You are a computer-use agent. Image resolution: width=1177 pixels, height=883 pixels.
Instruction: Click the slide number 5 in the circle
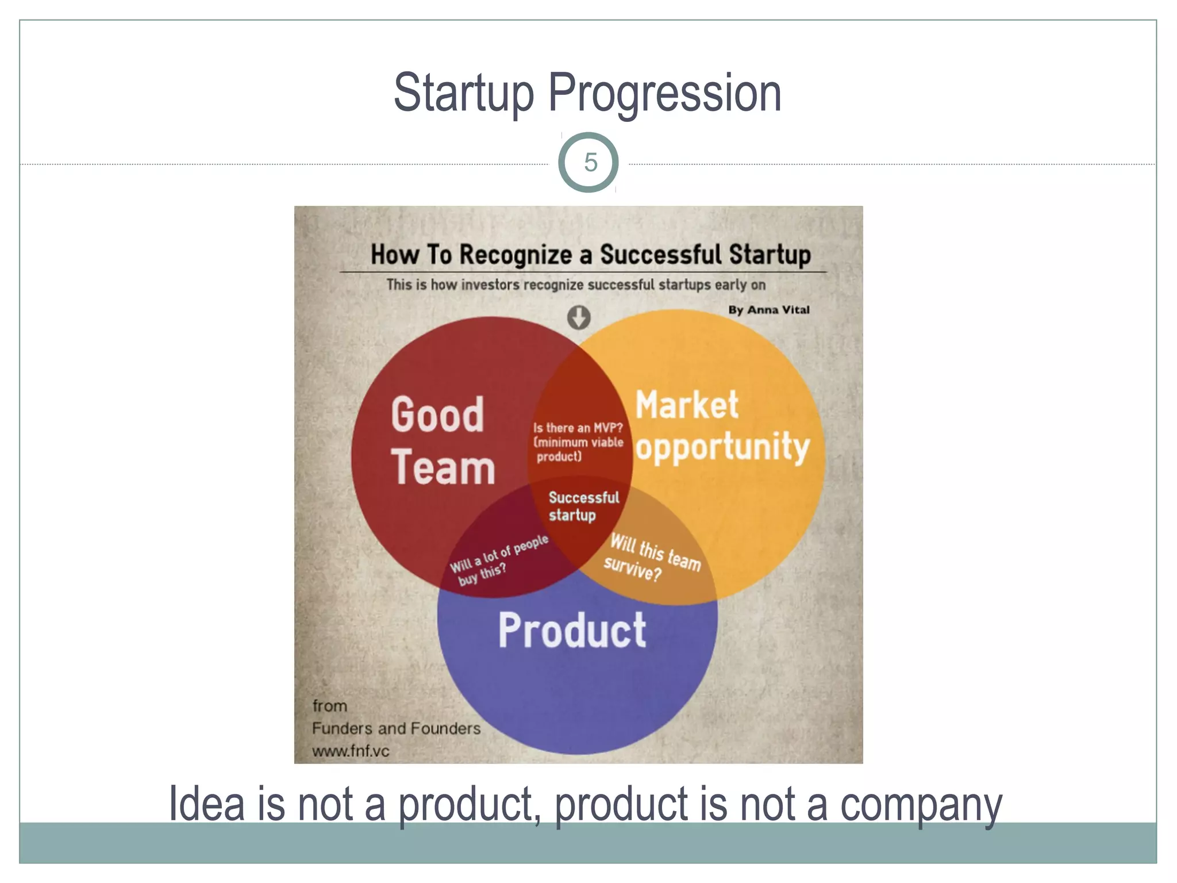click(x=590, y=163)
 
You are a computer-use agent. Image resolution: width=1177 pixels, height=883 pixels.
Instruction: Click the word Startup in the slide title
click(x=464, y=93)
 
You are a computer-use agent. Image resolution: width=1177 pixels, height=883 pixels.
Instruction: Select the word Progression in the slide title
click(x=665, y=93)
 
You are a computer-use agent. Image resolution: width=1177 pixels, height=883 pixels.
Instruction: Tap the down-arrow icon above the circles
click(x=579, y=317)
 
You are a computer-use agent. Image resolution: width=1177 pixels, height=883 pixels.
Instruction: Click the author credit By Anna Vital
click(x=768, y=310)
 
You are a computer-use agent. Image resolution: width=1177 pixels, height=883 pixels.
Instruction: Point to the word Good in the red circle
click(x=437, y=414)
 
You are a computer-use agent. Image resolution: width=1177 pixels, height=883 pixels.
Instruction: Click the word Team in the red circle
click(x=443, y=467)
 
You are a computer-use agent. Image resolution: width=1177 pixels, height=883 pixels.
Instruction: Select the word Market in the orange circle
click(x=687, y=405)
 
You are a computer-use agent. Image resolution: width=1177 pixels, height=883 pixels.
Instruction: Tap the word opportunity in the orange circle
click(x=722, y=448)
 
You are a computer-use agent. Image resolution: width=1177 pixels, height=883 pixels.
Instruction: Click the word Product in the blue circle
click(x=572, y=631)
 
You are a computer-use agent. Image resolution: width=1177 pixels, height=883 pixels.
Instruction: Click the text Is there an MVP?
click(x=578, y=428)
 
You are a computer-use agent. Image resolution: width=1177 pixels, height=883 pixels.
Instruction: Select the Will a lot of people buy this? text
click(x=498, y=560)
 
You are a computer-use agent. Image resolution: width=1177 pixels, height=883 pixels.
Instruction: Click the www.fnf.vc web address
click(x=351, y=751)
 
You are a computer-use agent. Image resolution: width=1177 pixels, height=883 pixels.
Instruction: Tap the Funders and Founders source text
click(x=396, y=728)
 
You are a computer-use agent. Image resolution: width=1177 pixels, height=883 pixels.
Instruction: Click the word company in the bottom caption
click(x=921, y=805)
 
